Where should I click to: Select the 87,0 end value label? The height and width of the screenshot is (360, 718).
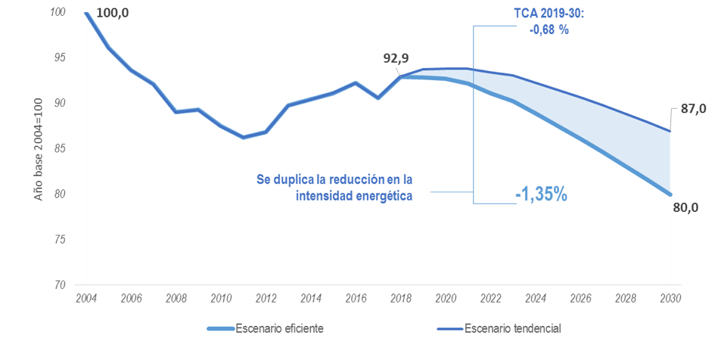point(693,109)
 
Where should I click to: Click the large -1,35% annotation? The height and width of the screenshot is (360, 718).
point(541,194)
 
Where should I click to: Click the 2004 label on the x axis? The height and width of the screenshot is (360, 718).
point(85,298)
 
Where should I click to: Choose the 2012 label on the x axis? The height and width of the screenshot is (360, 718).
point(266,298)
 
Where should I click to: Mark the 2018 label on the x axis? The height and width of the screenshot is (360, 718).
point(400,298)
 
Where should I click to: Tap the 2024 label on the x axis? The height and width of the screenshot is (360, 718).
point(536,298)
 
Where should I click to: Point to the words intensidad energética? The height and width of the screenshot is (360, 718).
point(354,197)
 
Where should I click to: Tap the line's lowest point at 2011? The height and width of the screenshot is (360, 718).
point(243,138)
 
